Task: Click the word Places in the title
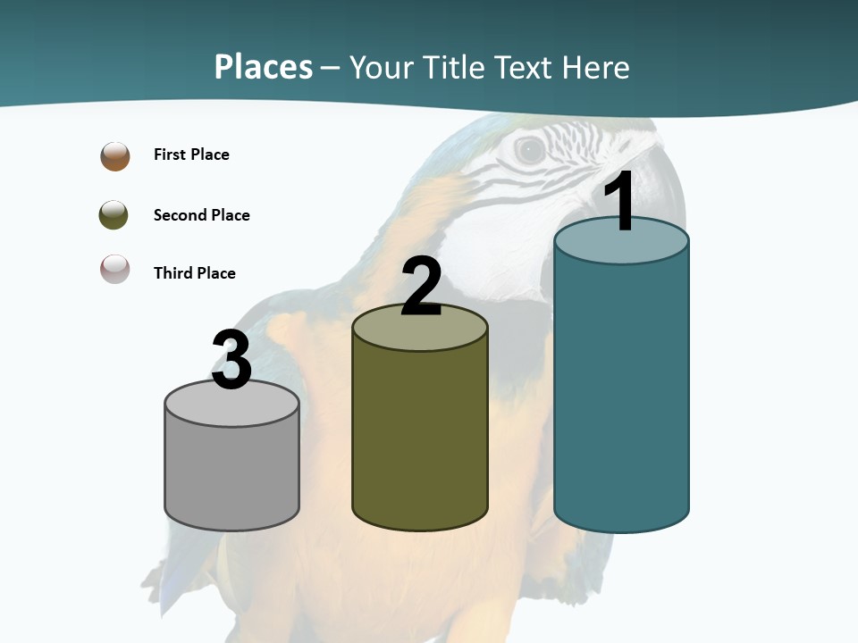point(264,67)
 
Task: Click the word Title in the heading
point(451,67)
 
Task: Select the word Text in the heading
point(524,67)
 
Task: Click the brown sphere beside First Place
point(115,156)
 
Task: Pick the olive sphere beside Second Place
point(114,215)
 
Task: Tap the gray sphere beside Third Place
point(114,270)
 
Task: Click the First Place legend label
point(191,154)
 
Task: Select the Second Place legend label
point(201,215)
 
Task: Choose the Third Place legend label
point(194,273)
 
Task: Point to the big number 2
point(421,287)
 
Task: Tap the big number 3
point(231,360)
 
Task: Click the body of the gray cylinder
point(231,473)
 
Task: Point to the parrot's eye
point(531,150)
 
